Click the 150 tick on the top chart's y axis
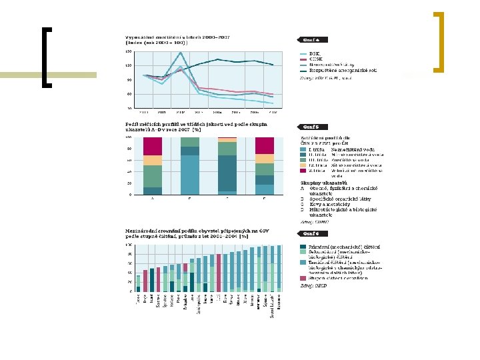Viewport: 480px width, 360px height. point(129,51)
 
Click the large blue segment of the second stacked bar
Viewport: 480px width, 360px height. point(190,175)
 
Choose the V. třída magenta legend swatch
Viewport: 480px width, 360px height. point(302,171)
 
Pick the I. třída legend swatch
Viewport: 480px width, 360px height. point(302,149)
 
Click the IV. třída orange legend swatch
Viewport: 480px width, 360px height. point(302,165)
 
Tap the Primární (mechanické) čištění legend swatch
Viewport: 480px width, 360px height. point(303,246)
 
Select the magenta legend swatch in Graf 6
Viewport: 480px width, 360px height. point(303,278)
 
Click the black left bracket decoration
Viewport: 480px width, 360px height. point(46,57)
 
